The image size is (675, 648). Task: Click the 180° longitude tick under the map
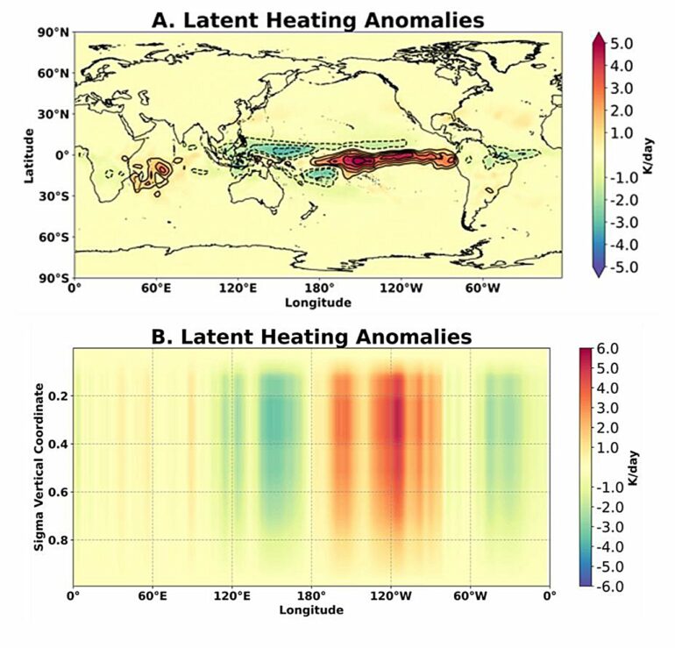point(318,288)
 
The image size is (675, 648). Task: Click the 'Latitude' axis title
point(30,154)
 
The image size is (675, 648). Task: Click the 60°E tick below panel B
point(153,597)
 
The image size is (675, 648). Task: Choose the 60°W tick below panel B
point(470,597)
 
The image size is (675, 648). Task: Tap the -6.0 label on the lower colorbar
point(608,583)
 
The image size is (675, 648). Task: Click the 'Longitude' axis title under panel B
point(311,609)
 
